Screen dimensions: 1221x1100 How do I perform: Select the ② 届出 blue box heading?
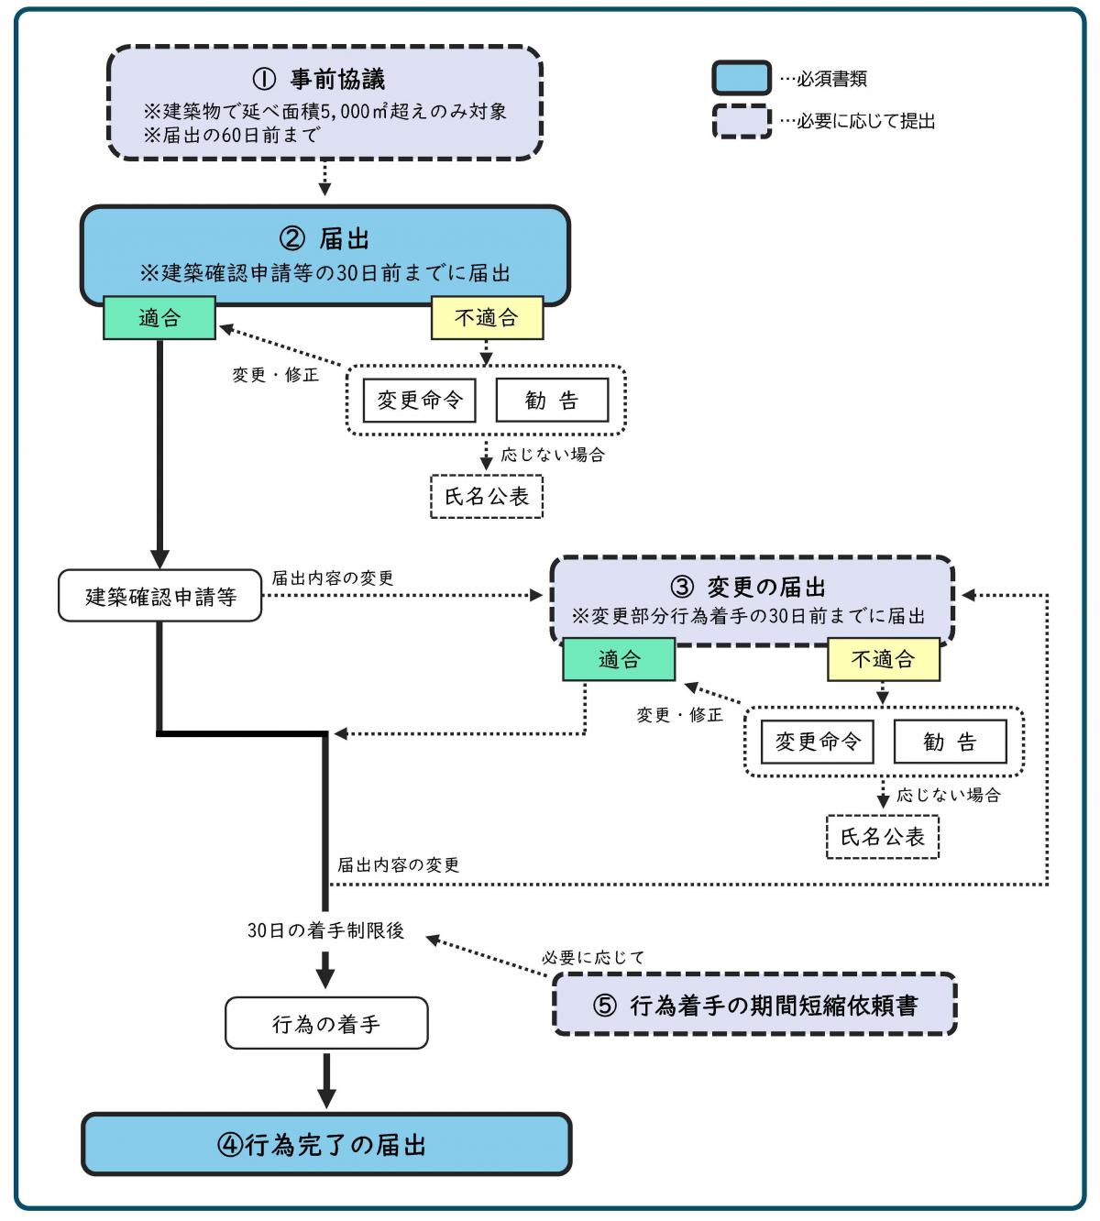pyautogui.click(x=324, y=239)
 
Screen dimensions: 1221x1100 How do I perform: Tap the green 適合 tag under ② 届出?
pyautogui.click(x=159, y=318)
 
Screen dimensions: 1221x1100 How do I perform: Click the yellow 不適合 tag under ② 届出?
pyautogui.click(x=487, y=318)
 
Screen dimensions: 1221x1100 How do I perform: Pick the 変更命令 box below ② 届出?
pyautogui.click(x=419, y=401)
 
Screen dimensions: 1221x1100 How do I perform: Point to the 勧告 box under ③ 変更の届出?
pyautogui.click(x=950, y=742)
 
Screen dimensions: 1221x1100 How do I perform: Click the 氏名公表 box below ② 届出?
pyautogui.click(x=487, y=497)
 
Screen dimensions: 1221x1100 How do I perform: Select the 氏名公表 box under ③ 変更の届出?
pyautogui.click(x=883, y=837)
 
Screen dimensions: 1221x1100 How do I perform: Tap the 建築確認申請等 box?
pyautogui.click(x=160, y=597)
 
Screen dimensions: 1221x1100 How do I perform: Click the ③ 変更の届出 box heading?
pyautogui.click(x=752, y=587)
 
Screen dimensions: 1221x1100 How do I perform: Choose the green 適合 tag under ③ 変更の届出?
pyautogui.click(x=619, y=659)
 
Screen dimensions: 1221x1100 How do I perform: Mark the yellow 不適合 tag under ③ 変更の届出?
pyautogui.click(x=884, y=659)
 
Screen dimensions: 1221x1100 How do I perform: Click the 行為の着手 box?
pyautogui.click(x=326, y=1023)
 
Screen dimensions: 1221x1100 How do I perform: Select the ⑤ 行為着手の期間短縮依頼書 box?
pyautogui.click(x=754, y=1006)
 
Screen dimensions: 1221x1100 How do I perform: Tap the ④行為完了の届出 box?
pyautogui.click(x=326, y=1145)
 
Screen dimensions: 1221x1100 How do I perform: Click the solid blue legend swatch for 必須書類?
pyautogui.click(x=742, y=79)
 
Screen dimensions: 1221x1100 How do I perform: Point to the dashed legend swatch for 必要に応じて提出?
pyautogui.click(x=742, y=121)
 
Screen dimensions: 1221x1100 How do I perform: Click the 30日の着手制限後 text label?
pyautogui.click(x=325, y=930)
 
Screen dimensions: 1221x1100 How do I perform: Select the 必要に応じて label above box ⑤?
pyautogui.click(x=593, y=957)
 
